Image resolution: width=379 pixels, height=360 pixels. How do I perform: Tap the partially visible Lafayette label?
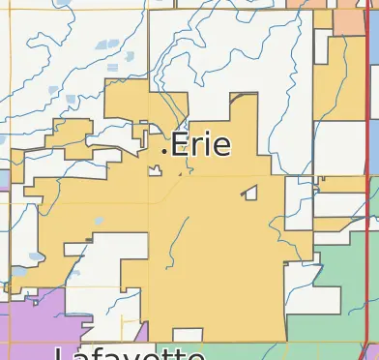click(x=116, y=352)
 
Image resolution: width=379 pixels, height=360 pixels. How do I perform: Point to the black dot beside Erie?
click(x=164, y=149)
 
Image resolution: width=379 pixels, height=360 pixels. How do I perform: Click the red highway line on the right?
click(x=370, y=194)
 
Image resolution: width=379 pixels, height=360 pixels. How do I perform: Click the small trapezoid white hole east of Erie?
click(x=251, y=193)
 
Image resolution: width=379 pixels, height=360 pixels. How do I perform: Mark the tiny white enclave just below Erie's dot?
click(x=154, y=172)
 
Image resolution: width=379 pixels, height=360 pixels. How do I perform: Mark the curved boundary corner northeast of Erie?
click(x=231, y=100)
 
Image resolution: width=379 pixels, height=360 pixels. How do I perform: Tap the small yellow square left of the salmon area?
click(x=322, y=18)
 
